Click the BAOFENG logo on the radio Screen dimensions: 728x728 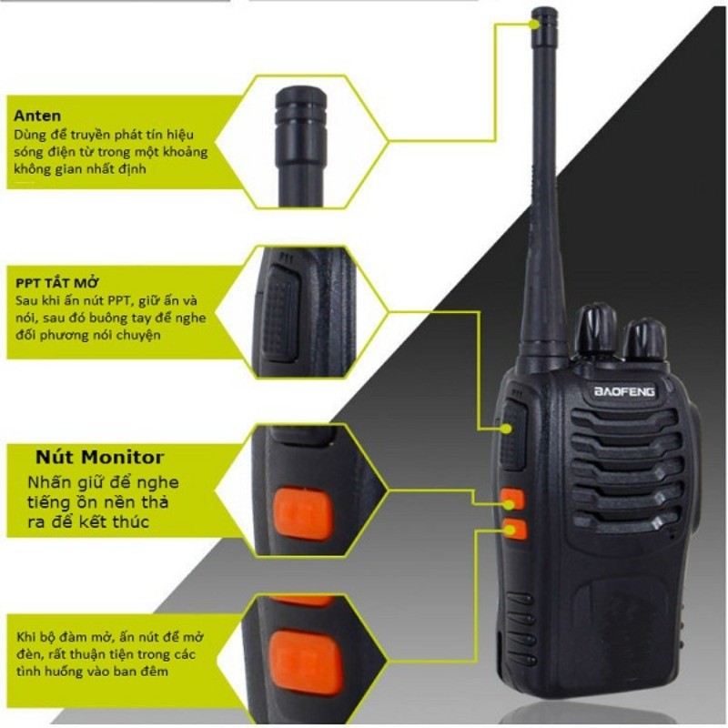tap(624, 391)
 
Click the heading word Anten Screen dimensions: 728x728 tap(37, 116)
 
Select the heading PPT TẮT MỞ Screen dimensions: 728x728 tap(57, 282)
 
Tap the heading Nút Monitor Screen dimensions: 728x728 tap(99, 458)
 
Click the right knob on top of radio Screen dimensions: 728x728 tap(644, 340)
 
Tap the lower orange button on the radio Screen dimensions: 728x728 tap(514, 530)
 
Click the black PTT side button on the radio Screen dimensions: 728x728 tap(512, 433)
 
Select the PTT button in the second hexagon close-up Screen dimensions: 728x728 tap(280, 312)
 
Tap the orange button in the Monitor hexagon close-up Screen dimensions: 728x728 tap(303, 513)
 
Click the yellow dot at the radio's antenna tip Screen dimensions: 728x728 tap(536, 25)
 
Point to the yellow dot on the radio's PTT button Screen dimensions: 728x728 tap(509, 428)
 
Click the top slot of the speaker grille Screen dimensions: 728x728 tap(623, 418)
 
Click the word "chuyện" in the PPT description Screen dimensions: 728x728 tap(137, 335)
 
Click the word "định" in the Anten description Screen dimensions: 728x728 tap(134, 169)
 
